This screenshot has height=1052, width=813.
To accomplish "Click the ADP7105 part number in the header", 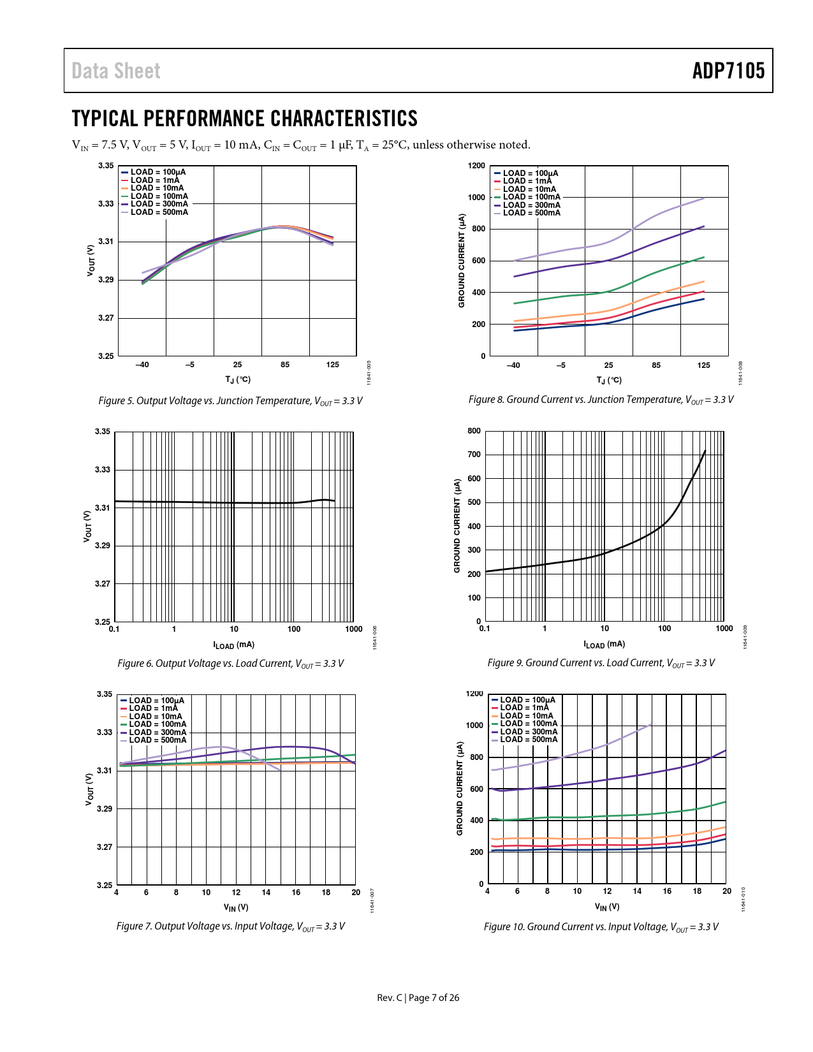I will tap(728, 71).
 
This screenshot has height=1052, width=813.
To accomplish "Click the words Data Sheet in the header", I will tap(116, 71).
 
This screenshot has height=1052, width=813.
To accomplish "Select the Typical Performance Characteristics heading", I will tap(245, 119).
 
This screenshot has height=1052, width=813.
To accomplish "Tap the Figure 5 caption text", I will tap(230, 401).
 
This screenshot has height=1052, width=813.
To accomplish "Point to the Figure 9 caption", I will tap(601, 663).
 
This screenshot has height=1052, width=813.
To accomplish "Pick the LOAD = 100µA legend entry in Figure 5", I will tap(158, 172).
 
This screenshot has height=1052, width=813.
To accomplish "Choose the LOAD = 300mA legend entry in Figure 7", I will tap(157, 733).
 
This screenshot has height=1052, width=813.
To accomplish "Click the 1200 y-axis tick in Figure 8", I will tap(476, 166).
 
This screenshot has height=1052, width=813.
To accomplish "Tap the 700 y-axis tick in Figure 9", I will tap(474, 455).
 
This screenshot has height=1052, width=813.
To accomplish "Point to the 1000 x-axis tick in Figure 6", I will tap(354, 629).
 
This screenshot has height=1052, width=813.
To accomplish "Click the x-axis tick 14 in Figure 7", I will tap(266, 893).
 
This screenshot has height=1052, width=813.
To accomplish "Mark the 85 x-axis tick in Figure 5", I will tap(285, 365).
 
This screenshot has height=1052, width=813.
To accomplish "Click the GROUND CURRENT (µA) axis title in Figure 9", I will tap(457, 526).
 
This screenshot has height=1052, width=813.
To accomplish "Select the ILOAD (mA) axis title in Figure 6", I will tap(233, 645).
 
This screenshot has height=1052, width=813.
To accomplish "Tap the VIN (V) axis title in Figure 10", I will tap(607, 907).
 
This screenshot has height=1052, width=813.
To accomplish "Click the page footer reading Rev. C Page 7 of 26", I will tap(418, 998).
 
